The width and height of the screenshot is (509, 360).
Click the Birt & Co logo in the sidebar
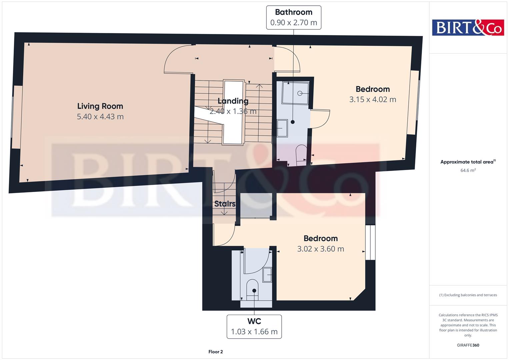[x=468, y=27]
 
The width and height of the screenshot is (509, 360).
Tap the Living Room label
[x=100, y=106]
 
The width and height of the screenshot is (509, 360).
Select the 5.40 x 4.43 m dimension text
[x=100, y=117]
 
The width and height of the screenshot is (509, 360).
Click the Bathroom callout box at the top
[x=293, y=17]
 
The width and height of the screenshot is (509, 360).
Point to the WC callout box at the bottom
[x=254, y=326]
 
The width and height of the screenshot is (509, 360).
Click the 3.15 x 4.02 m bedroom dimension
[x=372, y=99]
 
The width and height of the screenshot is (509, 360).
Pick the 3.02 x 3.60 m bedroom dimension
[x=320, y=249]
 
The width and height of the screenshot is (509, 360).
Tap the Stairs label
[x=225, y=204]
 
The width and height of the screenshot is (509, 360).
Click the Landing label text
[x=233, y=101]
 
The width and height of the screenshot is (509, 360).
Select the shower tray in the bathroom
[x=295, y=93]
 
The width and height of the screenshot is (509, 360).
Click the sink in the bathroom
[x=282, y=128]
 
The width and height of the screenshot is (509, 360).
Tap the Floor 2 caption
[x=215, y=352]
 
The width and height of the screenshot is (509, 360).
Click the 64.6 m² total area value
[x=468, y=170]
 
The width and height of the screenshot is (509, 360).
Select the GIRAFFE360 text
[x=468, y=345]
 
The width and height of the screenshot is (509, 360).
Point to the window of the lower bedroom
[x=370, y=242]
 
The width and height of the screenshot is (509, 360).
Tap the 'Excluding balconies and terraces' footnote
[x=468, y=295]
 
